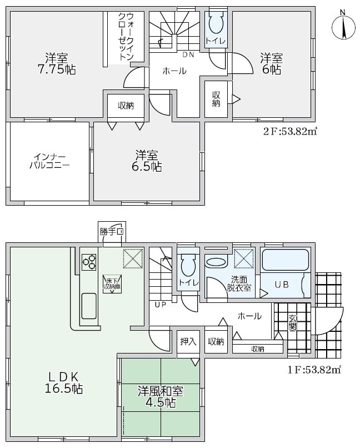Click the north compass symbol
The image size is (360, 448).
[343, 27]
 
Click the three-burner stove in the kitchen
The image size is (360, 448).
[89, 262]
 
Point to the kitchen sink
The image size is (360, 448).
[89, 306]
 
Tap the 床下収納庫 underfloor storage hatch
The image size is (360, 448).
[112, 283]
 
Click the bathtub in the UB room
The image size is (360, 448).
[285, 260]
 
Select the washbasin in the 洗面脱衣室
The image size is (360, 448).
[216, 262]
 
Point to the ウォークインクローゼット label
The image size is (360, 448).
[126, 36]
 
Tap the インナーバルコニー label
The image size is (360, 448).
[49, 161]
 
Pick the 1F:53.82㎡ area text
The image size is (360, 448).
[314, 370]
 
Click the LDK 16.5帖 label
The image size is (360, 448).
[63, 382]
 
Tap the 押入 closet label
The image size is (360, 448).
[188, 341]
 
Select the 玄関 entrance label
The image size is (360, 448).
[292, 322]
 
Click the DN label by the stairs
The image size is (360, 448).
[188, 54]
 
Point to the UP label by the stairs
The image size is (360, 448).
[160, 305]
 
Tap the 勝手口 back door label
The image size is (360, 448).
[112, 232]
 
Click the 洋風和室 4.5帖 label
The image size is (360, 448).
[161, 396]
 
